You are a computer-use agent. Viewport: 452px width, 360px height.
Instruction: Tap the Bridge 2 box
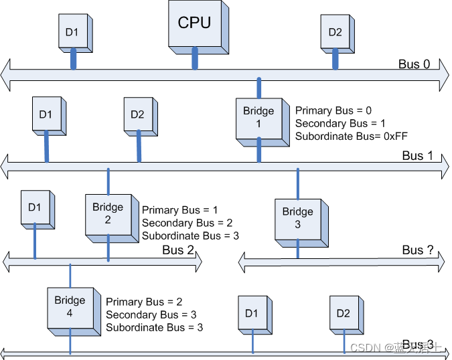[x=108, y=214]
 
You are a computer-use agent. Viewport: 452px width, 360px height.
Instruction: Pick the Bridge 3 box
[x=297, y=219]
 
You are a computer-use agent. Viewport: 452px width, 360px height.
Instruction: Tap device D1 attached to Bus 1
[x=46, y=114]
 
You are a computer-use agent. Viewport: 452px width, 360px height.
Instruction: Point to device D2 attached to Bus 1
[x=137, y=114]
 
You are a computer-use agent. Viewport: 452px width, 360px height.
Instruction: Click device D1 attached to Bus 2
[x=34, y=208]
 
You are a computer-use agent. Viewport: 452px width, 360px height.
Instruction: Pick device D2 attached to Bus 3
[x=344, y=313]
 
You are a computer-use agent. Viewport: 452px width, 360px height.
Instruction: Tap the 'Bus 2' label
[x=177, y=250]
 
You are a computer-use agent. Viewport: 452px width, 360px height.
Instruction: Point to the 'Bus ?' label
[x=418, y=250]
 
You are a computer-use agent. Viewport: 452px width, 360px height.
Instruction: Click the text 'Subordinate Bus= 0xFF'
[x=352, y=136]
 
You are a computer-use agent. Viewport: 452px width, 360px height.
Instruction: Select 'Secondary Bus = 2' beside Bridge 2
[x=187, y=223]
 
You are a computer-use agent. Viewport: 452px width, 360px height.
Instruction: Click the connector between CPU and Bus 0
[x=195, y=58]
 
